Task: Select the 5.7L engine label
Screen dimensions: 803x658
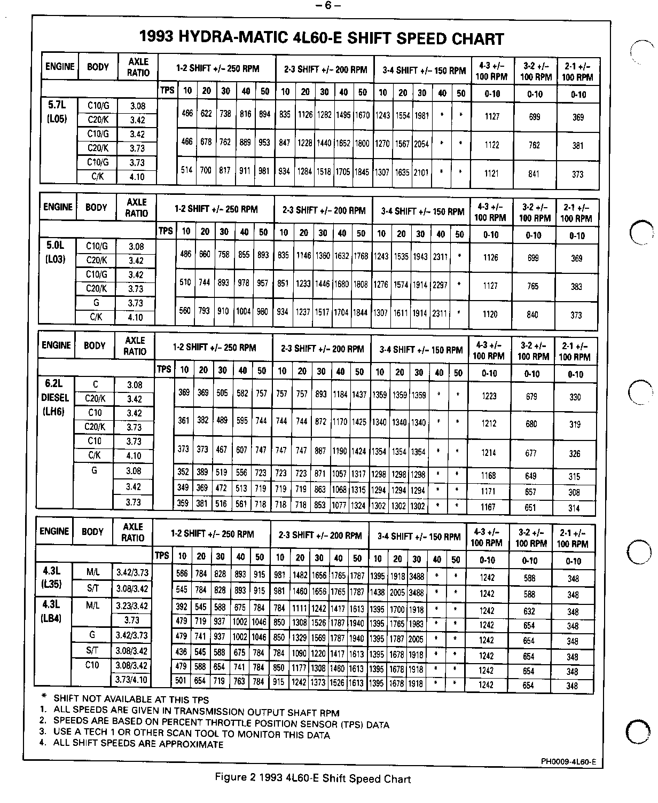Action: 56,105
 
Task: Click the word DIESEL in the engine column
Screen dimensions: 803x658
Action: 55,398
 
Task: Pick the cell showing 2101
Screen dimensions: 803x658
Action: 421,172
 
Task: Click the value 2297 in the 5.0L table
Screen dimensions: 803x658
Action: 440,285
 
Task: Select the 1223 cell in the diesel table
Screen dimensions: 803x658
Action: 489,396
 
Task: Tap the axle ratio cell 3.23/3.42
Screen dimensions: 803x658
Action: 132,606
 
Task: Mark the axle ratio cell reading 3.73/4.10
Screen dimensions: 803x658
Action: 132,680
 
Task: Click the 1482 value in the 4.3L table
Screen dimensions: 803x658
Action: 300,576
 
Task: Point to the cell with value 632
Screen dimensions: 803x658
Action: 529,611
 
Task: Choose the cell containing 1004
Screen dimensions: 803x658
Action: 244,312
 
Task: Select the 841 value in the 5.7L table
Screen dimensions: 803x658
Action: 534,174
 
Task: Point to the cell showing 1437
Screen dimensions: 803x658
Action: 359,395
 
